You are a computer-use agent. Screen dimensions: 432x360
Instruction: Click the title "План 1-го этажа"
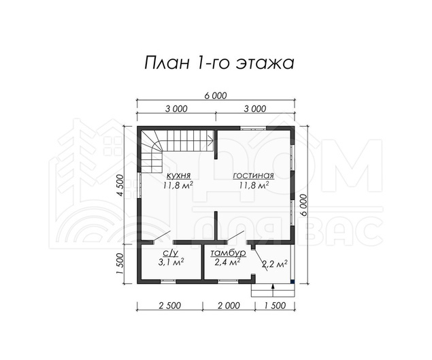(x=219, y=63)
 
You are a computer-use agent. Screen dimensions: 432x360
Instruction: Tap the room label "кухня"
(x=178, y=176)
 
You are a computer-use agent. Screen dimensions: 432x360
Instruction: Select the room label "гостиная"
(x=254, y=176)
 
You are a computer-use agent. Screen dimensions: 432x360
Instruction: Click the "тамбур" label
(x=228, y=253)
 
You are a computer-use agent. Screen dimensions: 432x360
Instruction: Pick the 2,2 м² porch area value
(x=274, y=264)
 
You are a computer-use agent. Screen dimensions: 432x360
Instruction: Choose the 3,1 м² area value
(x=171, y=262)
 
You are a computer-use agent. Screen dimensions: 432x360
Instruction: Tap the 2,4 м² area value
(x=227, y=262)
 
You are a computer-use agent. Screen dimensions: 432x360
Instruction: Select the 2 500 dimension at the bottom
(x=169, y=306)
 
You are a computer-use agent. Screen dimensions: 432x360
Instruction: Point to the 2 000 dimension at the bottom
(x=229, y=306)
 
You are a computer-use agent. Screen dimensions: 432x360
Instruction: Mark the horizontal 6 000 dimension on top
(x=216, y=96)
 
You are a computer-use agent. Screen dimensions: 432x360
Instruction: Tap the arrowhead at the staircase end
(x=212, y=141)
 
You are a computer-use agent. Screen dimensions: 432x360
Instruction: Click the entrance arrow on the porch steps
(x=273, y=291)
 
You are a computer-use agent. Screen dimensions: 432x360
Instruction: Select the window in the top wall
(x=253, y=128)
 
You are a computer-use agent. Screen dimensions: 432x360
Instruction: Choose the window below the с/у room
(x=168, y=282)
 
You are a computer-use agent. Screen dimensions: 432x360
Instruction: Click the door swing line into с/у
(x=162, y=236)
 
